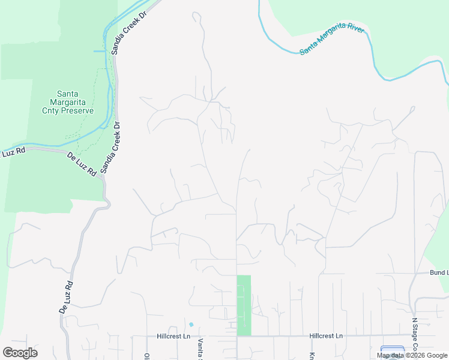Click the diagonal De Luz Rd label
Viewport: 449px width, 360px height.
click(x=82, y=164)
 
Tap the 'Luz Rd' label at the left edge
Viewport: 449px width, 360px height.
click(x=13, y=152)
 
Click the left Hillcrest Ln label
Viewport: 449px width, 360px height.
click(x=173, y=337)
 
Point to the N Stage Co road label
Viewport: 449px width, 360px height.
click(x=414, y=338)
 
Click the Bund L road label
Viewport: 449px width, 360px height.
click(x=439, y=272)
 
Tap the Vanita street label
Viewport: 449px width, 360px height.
click(x=201, y=348)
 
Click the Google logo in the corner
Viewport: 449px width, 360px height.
click(x=20, y=353)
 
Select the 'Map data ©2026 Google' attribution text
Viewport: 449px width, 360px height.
click(x=412, y=355)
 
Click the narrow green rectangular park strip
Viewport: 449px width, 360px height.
click(x=244, y=305)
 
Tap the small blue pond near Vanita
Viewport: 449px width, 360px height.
click(x=191, y=325)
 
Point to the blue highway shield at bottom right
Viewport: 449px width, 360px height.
click(x=393, y=352)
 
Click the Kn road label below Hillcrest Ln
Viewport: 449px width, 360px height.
click(x=312, y=354)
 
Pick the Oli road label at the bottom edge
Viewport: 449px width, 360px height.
click(x=146, y=355)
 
